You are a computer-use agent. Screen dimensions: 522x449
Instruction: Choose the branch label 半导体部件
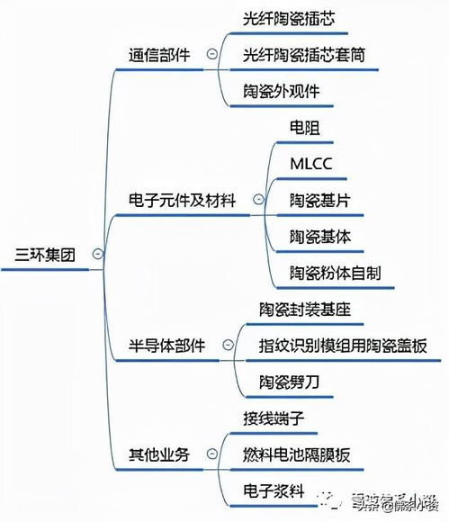(x=166, y=346)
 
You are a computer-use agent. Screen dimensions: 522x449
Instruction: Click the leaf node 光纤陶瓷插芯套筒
(x=303, y=54)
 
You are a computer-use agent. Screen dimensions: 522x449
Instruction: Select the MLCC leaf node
(x=311, y=164)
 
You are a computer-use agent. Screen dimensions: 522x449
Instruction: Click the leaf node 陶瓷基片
(x=319, y=200)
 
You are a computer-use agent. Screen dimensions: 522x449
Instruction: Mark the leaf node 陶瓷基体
(x=319, y=236)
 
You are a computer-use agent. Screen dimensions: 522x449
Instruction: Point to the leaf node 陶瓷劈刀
(x=289, y=382)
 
